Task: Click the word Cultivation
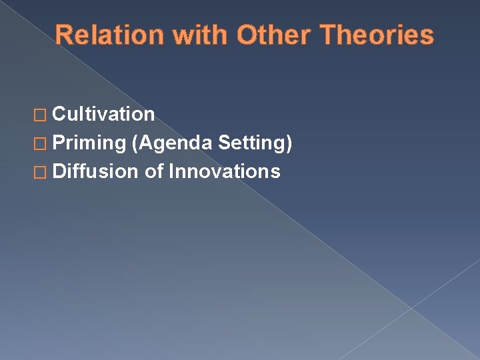click(x=103, y=115)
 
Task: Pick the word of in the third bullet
click(x=154, y=172)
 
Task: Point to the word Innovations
click(x=225, y=172)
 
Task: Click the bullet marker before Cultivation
click(x=43, y=115)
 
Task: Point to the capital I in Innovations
click(x=171, y=172)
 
